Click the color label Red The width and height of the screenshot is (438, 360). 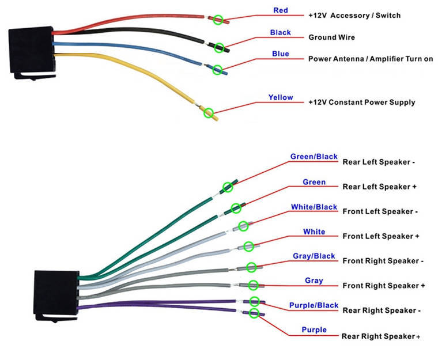pos(280,10)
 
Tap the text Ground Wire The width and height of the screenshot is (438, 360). pos(331,37)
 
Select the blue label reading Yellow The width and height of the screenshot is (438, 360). pos(280,97)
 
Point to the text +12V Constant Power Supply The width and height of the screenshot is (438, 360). pos(361,103)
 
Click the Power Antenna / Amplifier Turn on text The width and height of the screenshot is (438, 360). pos(371,59)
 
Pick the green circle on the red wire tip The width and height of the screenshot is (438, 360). pos(217,20)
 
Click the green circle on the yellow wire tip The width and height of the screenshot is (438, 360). pos(209,113)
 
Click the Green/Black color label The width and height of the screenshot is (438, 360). pos(314,156)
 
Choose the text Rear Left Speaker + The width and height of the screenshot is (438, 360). pos(379,187)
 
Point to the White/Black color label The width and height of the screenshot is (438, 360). pos(314,207)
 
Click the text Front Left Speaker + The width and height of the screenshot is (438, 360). pos(381,236)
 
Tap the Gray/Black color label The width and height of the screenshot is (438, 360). pos(314,256)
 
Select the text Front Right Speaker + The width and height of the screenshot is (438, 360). pos(383,286)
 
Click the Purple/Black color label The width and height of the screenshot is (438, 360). pos(314,305)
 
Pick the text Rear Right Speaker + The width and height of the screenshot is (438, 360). pos(381,336)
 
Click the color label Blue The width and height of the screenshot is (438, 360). pos(280,54)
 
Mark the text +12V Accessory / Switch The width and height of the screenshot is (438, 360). pos(354,15)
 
